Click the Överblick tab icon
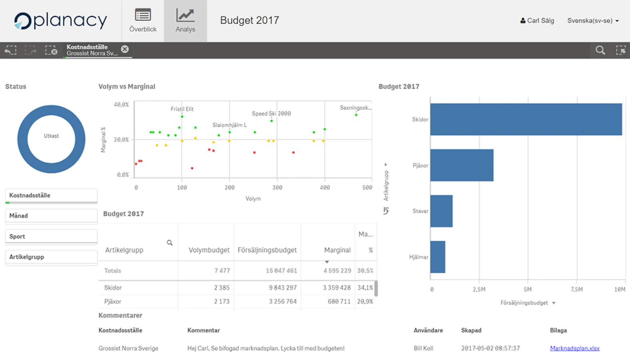(x=143, y=15)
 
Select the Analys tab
(x=185, y=21)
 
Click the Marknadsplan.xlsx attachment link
(x=574, y=348)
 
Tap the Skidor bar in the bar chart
(x=526, y=119)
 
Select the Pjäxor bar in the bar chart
(x=462, y=165)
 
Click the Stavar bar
(x=441, y=211)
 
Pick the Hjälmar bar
(x=438, y=257)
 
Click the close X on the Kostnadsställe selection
(x=125, y=49)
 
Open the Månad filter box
(x=51, y=216)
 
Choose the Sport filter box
(x=51, y=237)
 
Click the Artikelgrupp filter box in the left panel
(x=51, y=257)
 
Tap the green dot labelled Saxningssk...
(x=356, y=115)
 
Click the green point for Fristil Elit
(x=182, y=116)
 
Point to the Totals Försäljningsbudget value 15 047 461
(x=281, y=271)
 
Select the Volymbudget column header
(x=209, y=250)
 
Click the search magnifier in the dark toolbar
(x=600, y=50)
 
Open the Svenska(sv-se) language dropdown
(x=593, y=20)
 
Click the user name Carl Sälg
(x=540, y=20)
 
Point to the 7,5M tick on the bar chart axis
(x=576, y=289)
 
